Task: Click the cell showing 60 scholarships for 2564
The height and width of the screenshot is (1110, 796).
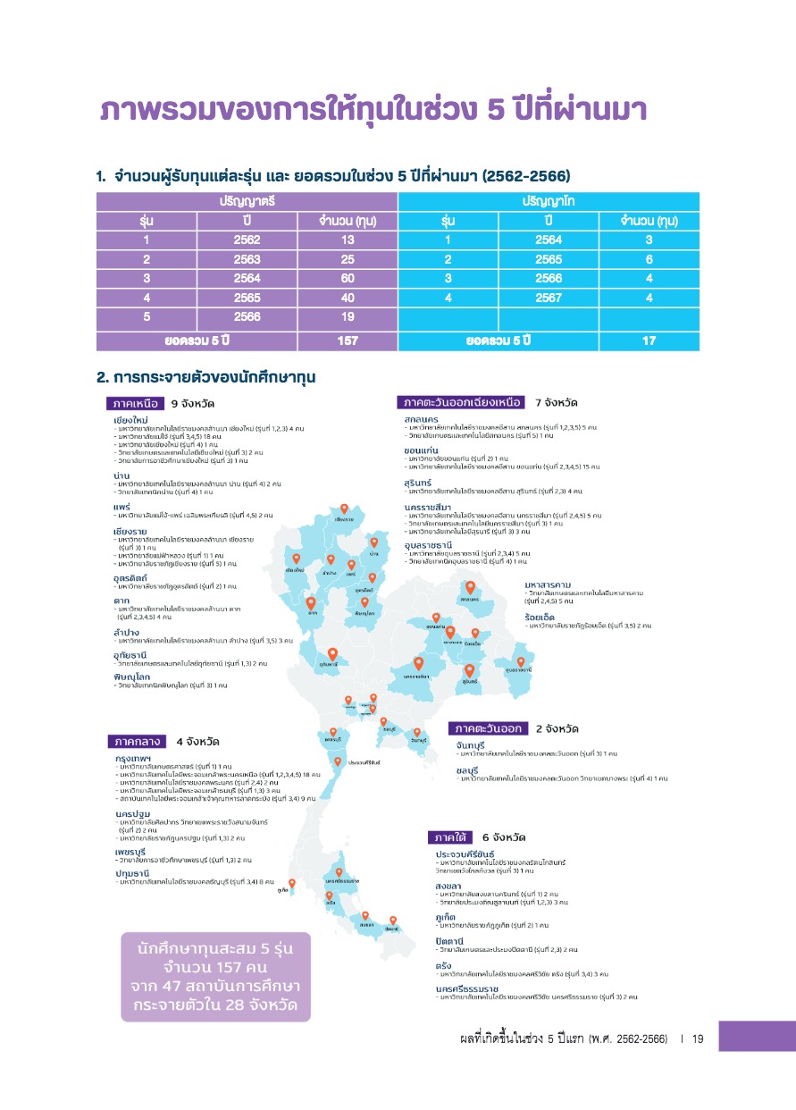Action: (348, 278)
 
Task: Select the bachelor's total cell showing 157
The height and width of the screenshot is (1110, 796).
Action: (348, 341)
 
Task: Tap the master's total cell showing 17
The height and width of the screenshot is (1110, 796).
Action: (649, 341)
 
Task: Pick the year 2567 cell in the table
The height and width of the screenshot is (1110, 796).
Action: (549, 298)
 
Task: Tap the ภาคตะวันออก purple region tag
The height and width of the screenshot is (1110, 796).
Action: (489, 728)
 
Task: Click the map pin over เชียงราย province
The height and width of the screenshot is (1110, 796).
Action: (345, 510)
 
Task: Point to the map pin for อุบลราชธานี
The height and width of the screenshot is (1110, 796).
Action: (520, 662)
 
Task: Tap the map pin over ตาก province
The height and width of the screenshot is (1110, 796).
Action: (311, 603)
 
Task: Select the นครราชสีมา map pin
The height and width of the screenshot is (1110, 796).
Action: (418, 664)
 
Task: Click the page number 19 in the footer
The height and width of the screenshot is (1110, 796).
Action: (699, 1039)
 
